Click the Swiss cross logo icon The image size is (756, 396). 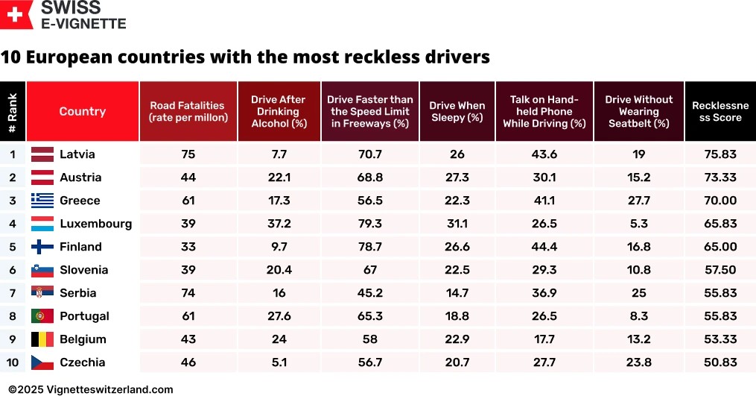pos(17,14)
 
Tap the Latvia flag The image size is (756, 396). pos(42,154)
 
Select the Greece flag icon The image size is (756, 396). pos(42,201)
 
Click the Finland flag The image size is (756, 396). pos(42,247)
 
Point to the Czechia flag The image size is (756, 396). pos(42,362)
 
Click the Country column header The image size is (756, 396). pos(82,111)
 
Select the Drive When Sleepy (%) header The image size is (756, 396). pos(457,111)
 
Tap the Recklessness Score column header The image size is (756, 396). pos(720,111)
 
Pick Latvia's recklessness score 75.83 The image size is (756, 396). pos(720,154)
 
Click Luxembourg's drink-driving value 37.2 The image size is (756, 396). pos(279,224)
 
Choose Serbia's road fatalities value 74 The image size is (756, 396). pos(188,293)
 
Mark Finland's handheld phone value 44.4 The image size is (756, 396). pos(544,247)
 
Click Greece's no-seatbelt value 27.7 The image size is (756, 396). pos(638,201)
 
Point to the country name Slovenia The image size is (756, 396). pos(83,270)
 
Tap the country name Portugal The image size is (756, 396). pos(84,316)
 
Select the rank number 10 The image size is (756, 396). pos(13,362)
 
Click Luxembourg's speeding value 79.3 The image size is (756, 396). pos(370,224)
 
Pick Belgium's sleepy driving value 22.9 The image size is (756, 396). pos(457,339)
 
